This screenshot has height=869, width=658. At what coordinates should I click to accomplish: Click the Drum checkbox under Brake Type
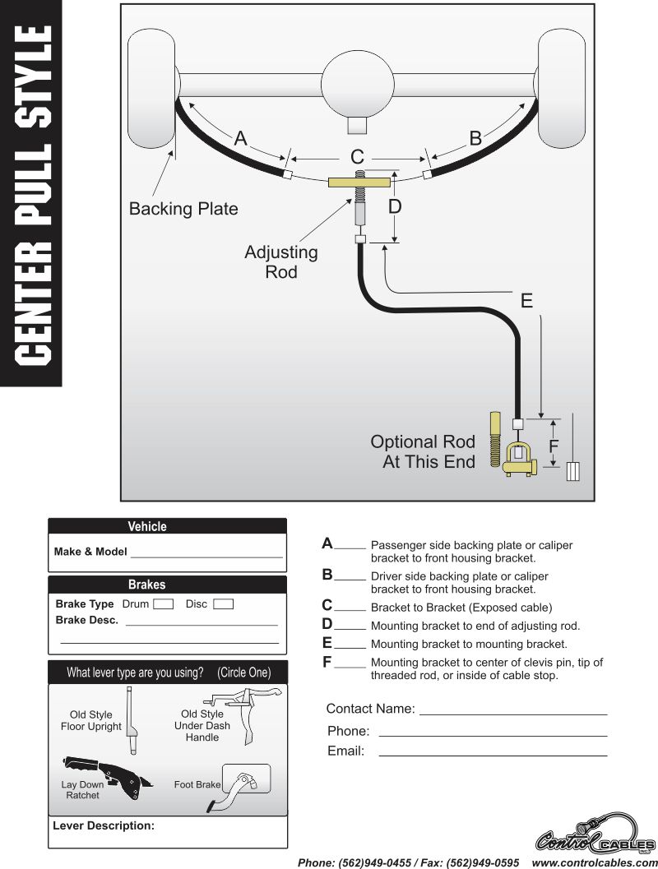pyautogui.click(x=164, y=604)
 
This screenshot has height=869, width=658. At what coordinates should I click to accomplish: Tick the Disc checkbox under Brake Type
pyautogui.click(x=223, y=604)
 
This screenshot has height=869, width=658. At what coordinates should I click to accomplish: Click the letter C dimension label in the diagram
pyautogui.click(x=357, y=157)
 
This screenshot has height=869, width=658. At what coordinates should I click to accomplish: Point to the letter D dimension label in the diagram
pyautogui.click(x=395, y=207)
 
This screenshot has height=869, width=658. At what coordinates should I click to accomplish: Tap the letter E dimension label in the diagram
pyautogui.click(x=526, y=301)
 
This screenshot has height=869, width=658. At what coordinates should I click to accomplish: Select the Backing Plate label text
pyautogui.click(x=183, y=209)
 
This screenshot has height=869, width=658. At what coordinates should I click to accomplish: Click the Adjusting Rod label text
pyautogui.click(x=281, y=261)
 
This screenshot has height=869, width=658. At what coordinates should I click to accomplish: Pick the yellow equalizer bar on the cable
pyautogui.click(x=358, y=183)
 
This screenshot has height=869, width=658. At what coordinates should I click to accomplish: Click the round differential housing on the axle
pyautogui.click(x=358, y=86)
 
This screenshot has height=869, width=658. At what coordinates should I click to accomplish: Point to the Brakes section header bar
pyautogui.click(x=167, y=585)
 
